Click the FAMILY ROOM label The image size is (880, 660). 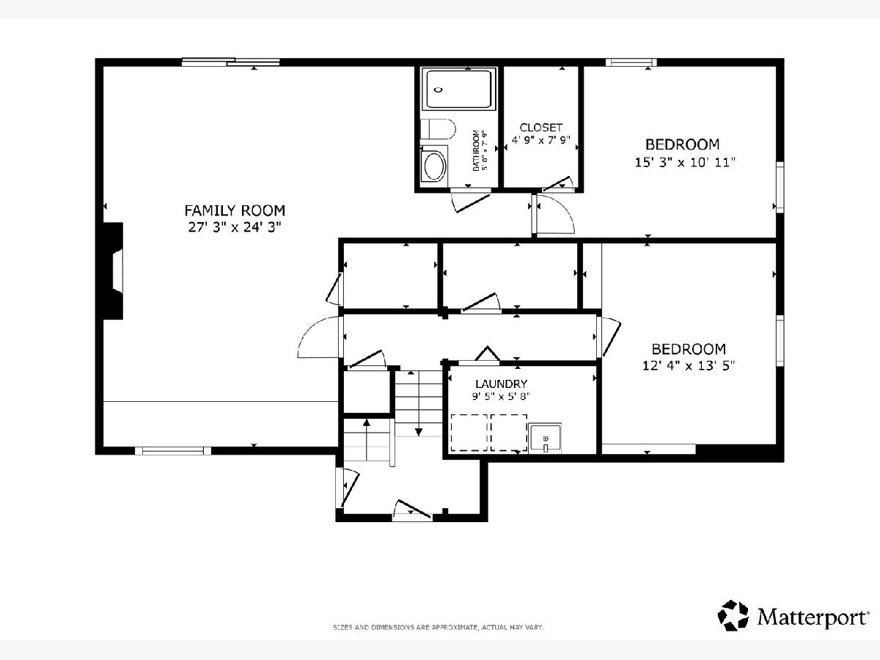235,210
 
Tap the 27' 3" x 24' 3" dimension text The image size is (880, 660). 235,227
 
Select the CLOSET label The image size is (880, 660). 540,128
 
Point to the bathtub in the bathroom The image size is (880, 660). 458,89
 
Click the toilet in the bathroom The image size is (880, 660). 439,128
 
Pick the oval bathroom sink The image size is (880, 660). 434,166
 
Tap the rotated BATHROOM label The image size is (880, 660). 476,150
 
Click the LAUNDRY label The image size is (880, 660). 501,384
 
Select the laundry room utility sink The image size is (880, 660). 545,438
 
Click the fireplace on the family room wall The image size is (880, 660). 112,271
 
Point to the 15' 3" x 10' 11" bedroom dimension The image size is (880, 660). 685,162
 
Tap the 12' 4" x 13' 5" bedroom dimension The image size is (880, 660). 689,366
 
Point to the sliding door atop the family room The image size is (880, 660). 230,62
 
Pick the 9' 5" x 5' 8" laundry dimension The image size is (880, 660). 501,396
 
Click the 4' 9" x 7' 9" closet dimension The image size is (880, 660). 540,140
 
